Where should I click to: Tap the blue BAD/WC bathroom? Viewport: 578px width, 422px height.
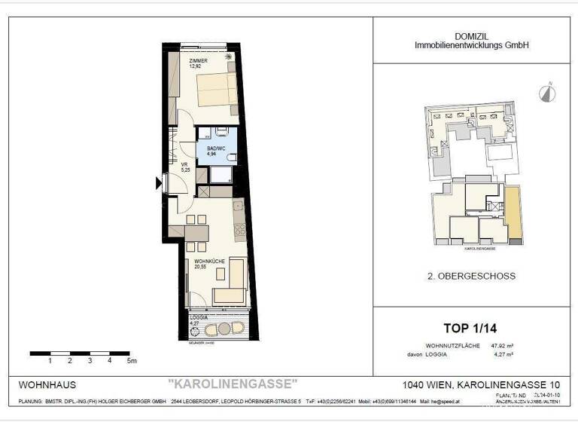[x=217, y=150]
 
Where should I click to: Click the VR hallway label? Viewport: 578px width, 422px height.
[x=184, y=164]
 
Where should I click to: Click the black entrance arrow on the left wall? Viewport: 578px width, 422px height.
[x=158, y=182]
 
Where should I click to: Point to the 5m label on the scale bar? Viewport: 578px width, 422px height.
[x=132, y=361]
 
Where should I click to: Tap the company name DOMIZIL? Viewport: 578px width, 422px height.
[x=472, y=36]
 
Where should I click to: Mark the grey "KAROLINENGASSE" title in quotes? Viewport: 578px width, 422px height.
[x=233, y=384]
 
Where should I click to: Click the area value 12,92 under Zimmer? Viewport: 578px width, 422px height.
[x=196, y=66]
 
